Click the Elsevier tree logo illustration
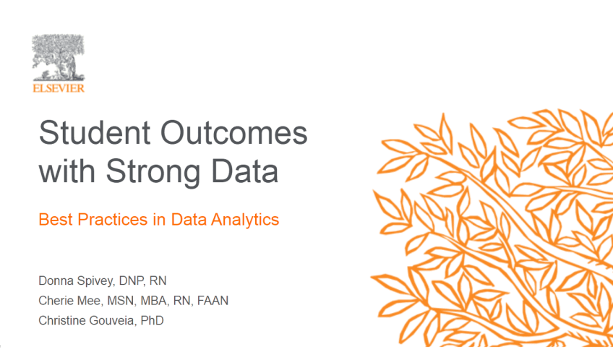click(59, 57)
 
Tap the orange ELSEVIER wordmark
click(59, 88)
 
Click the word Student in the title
click(95, 132)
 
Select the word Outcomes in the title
click(233, 132)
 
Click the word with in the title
click(67, 170)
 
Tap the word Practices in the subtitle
click(113, 219)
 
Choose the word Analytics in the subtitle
click(245, 220)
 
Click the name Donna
click(56, 280)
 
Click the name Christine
click(62, 320)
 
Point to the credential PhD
click(152, 320)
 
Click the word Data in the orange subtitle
click(189, 219)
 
